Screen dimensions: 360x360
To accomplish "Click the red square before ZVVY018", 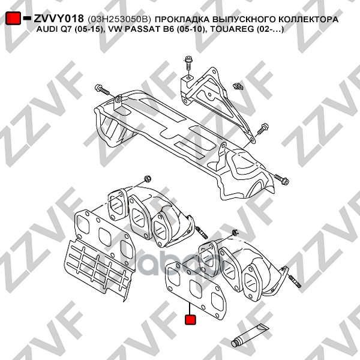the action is click(13, 19).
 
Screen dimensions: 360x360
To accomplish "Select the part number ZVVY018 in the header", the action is click(58, 19).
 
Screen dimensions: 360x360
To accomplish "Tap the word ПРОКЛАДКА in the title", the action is click(185, 20).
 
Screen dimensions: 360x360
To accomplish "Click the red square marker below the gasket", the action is click(191, 320).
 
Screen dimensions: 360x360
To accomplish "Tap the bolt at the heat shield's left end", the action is click(103, 90).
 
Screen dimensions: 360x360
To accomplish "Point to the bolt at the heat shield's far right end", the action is click(281, 178).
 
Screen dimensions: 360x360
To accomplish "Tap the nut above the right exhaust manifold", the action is click(235, 232).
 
